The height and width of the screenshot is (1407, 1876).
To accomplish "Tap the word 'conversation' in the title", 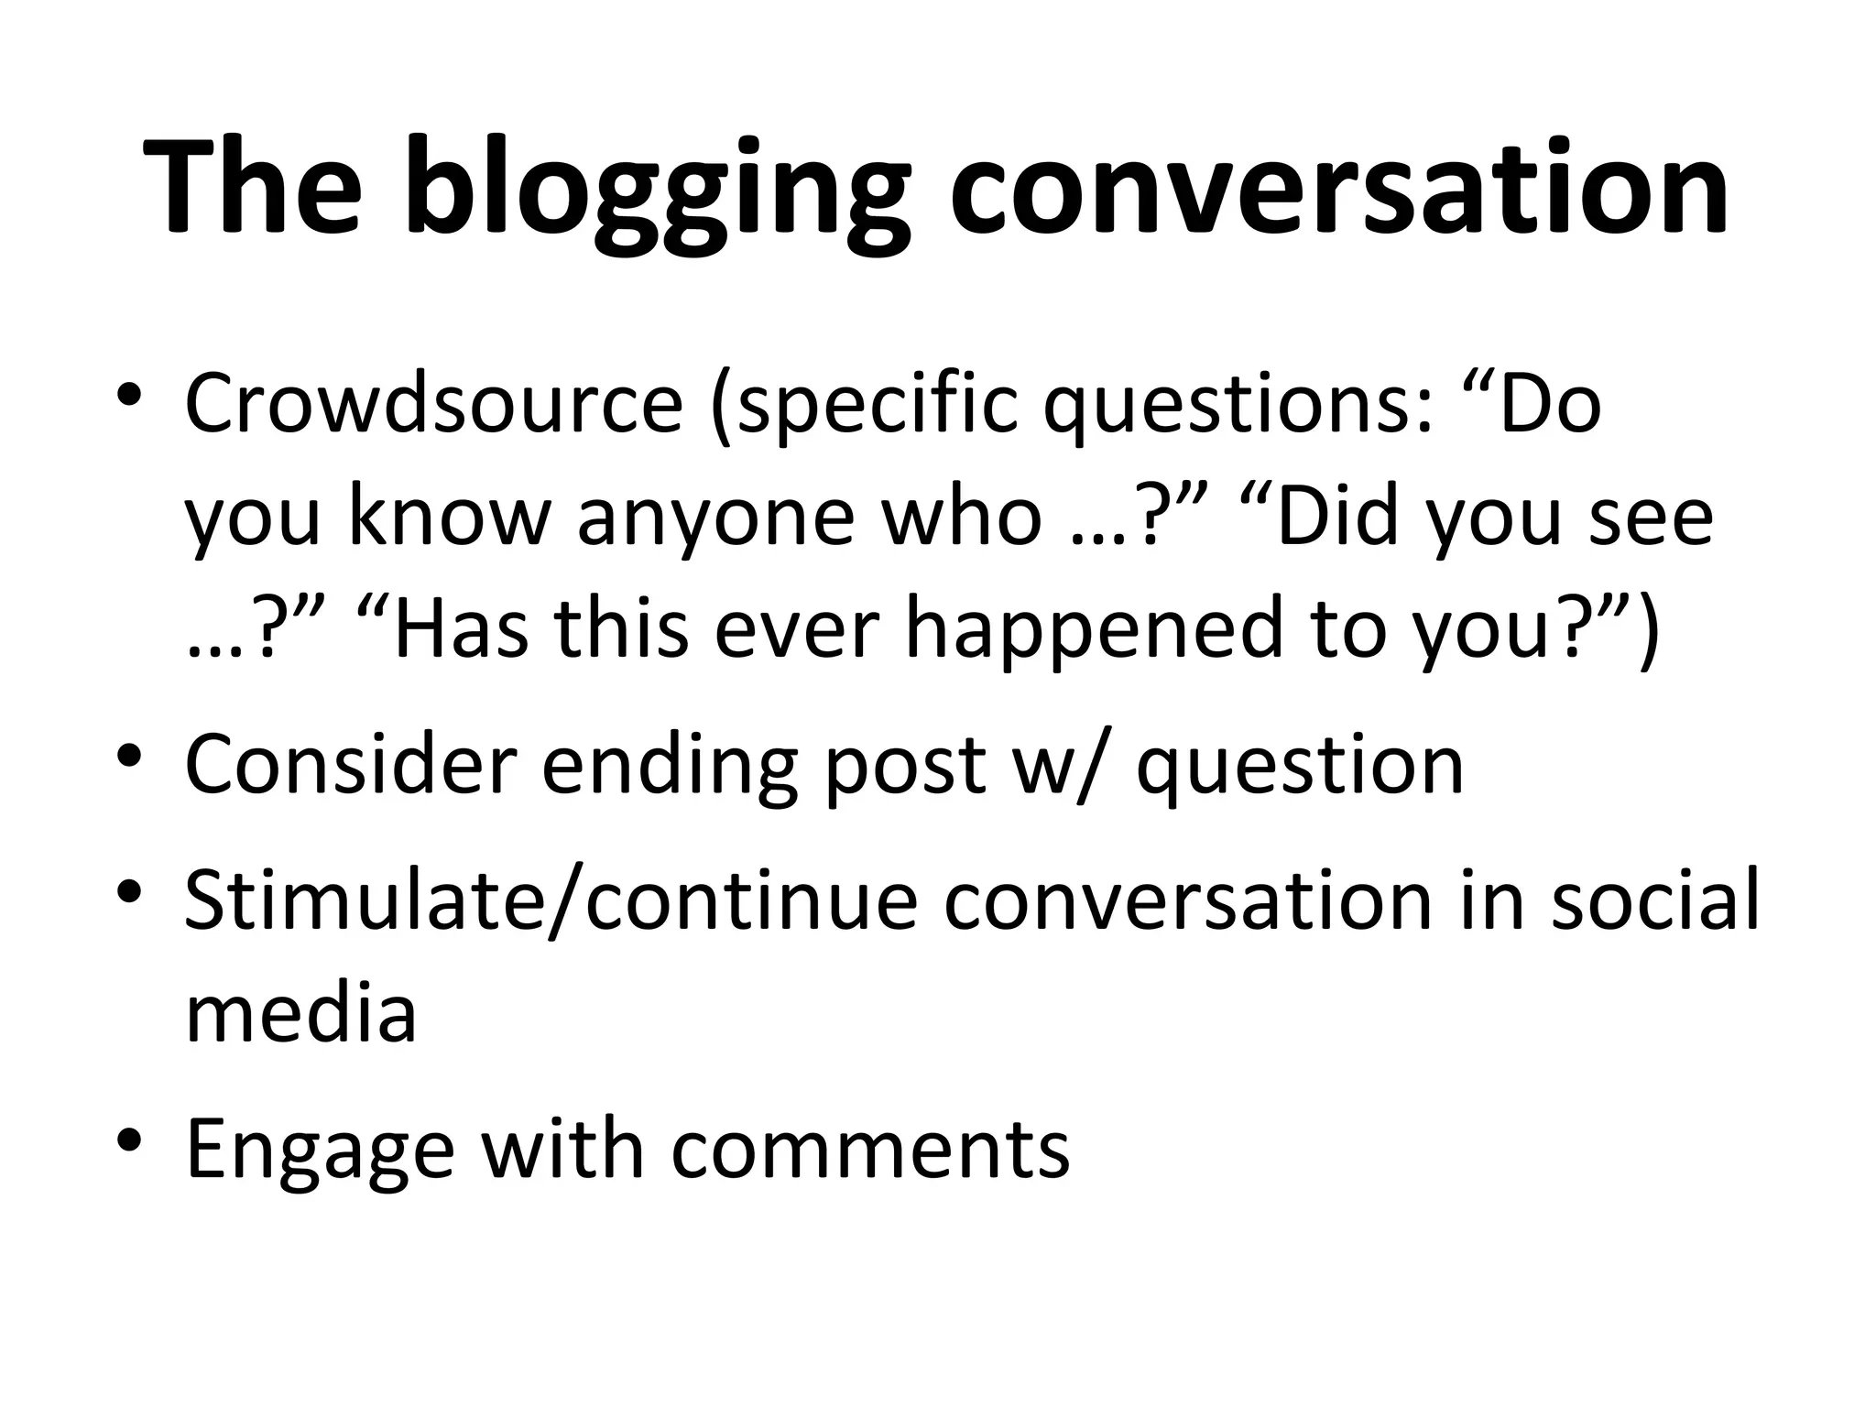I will (1339, 188).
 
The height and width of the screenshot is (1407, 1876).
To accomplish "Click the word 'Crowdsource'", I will (433, 403).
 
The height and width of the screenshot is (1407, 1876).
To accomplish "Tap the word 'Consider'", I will (351, 765).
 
